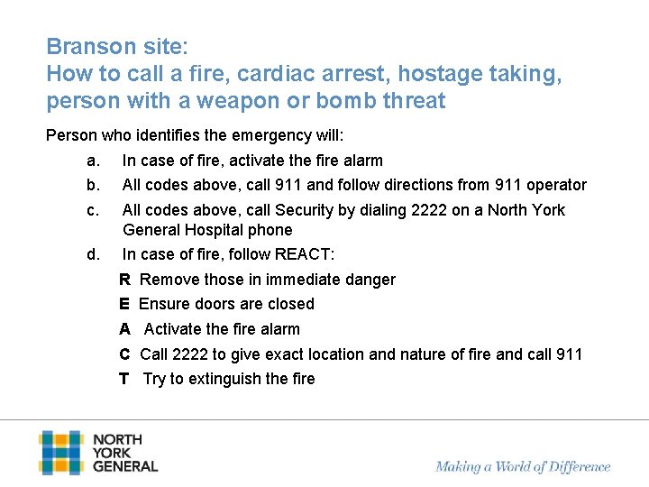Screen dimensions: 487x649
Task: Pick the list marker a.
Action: click(x=92, y=161)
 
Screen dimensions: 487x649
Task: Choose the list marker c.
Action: click(x=92, y=210)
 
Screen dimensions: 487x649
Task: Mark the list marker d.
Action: click(x=93, y=254)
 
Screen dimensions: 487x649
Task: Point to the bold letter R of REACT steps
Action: click(x=124, y=280)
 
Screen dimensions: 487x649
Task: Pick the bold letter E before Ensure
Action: click(x=124, y=304)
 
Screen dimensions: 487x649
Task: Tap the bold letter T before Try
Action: click(x=123, y=379)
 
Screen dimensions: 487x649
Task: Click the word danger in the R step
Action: click(x=371, y=280)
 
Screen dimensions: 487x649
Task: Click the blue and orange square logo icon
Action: click(x=60, y=453)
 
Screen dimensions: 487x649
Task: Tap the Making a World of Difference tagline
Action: click(x=523, y=467)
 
